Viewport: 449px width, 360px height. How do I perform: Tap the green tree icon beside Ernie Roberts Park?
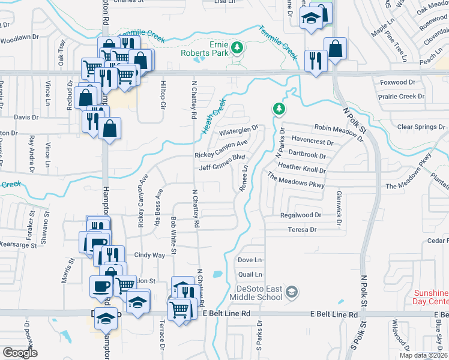pos(238,47)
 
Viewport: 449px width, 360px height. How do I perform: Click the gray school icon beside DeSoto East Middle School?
pos(292,292)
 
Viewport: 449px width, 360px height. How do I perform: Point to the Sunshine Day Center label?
pos(431,297)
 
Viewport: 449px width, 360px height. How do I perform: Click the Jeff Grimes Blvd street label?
pos(223,163)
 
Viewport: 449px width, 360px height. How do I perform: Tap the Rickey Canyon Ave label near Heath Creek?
pos(221,149)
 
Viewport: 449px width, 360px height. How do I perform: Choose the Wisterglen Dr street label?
pos(238,131)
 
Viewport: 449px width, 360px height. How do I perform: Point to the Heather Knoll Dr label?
pos(301,169)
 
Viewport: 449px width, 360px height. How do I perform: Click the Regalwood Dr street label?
pos(301,215)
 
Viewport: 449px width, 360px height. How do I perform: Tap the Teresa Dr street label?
pos(302,229)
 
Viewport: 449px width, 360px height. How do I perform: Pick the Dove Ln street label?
pos(250,260)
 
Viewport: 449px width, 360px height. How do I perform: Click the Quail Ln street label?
pos(250,274)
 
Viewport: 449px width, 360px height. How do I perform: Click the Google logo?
pos(20,352)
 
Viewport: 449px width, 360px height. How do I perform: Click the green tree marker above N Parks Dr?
pos(279,109)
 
